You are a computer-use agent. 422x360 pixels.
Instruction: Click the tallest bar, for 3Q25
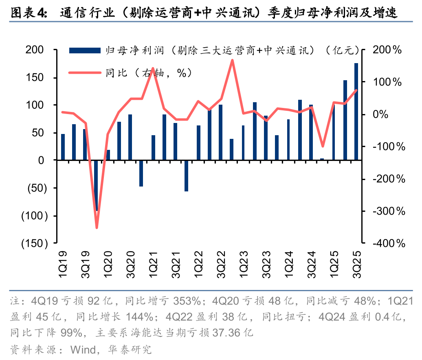pyautogui.click(x=356, y=112)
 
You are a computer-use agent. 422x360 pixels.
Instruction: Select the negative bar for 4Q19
pyautogui.click(x=97, y=185)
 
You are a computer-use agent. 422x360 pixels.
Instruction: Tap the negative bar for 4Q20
pyautogui.click(x=141, y=173)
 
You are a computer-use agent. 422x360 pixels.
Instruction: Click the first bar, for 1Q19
pyautogui.click(x=63, y=147)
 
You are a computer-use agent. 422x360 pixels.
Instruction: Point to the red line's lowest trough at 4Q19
pyautogui.click(x=97, y=228)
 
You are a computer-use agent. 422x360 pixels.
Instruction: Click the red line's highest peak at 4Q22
pyautogui.click(x=232, y=60)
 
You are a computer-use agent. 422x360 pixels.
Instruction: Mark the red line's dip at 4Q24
pyautogui.click(x=322, y=146)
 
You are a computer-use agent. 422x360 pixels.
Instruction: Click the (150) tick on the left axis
pyautogui.click(x=34, y=243)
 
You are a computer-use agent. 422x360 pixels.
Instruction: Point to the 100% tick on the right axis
pyautogui.click(x=388, y=82)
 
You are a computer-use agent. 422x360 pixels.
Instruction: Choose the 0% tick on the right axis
pyautogui.click(x=391, y=114)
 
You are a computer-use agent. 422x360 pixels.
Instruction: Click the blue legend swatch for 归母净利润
pyautogui.click(x=85, y=50)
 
